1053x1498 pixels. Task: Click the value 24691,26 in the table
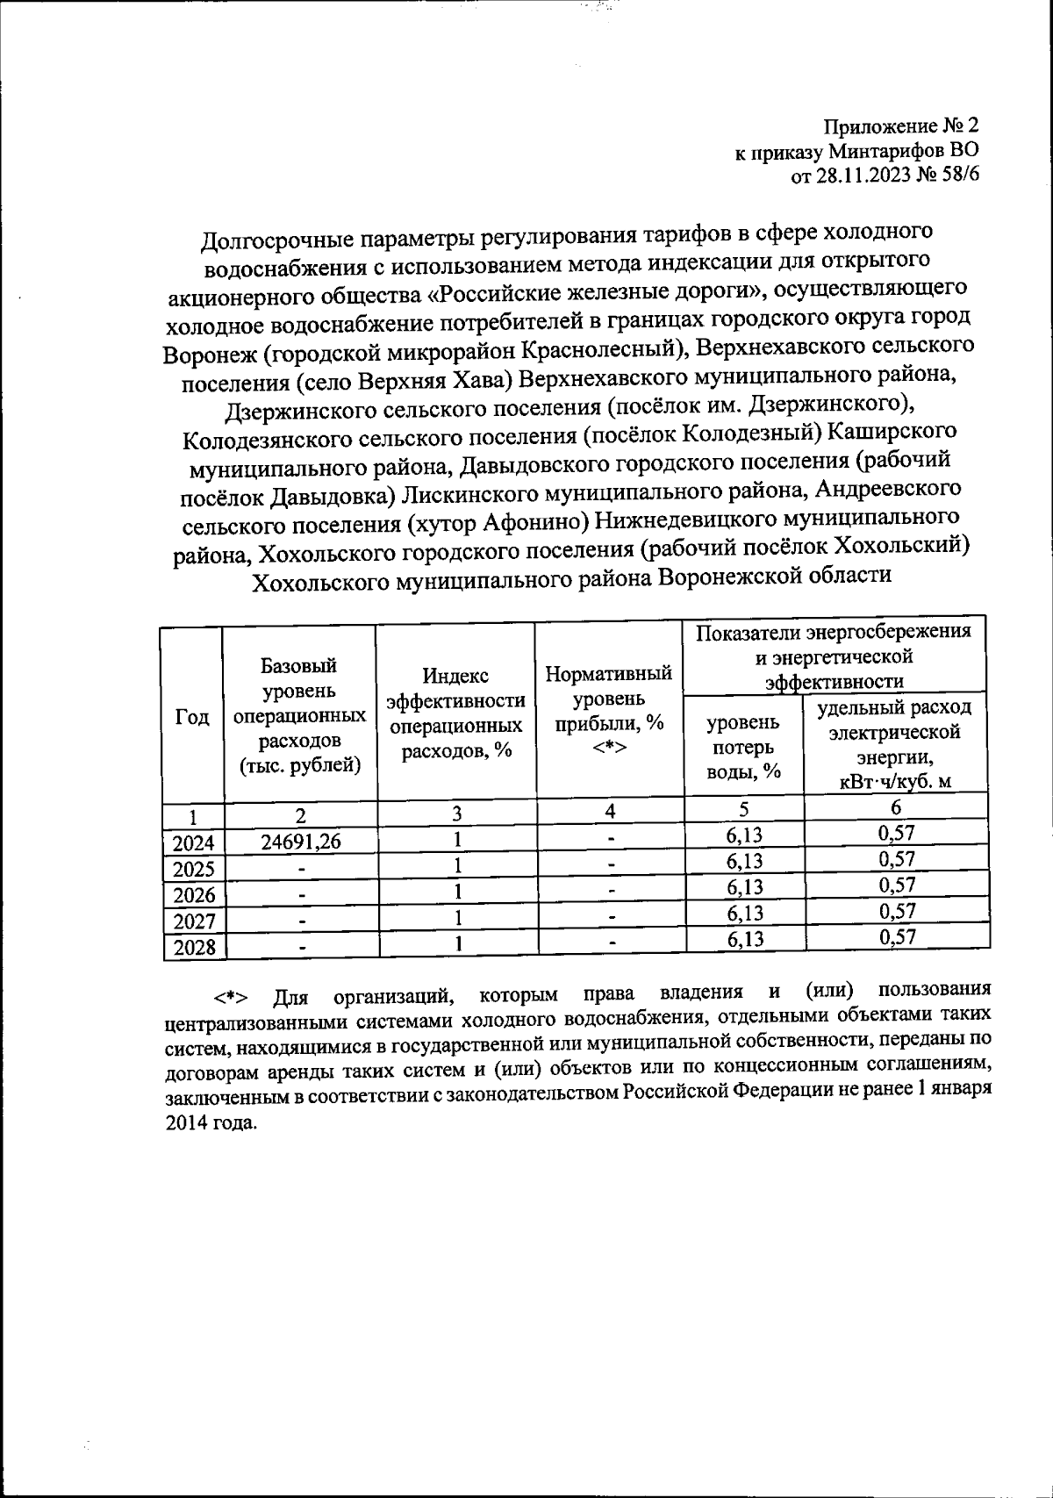point(300,842)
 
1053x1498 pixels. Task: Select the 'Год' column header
point(192,716)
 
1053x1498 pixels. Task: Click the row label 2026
point(194,895)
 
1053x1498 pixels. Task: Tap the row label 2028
point(194,948)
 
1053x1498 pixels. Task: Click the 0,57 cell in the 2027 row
point(897,912)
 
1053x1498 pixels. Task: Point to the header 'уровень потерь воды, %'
point(743,746)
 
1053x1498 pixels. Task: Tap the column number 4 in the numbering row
point(609,812)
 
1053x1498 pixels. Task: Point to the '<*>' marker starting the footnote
point(230,999)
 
